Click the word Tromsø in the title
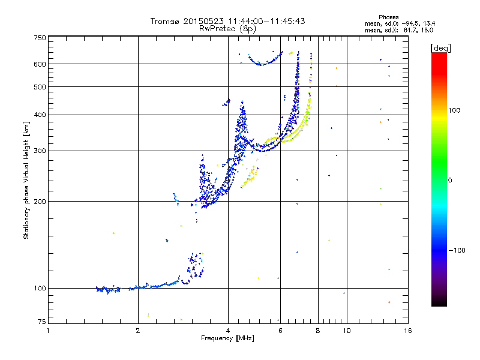pyautogui.click(x=165, y=21)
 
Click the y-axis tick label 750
pyautogui.click(x=40, y=38)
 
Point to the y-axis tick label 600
pyautogui.click(x=40, y=64)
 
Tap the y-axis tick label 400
pyautogui.click(x=40, y=115)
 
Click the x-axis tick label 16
pyautogui.click(x=407, y=331)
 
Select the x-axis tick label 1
pyautogui.click(x=48, y=331)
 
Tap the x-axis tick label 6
pyautogui.click(x=280, y=331)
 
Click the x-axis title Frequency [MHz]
pyautogui.click(x=228, y=338)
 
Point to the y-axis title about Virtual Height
pyautogui.click(x=26, y=181)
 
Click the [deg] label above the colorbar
pyautogui.click(x=441, y=47)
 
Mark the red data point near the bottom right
pyautogui.click(x=389, y=302)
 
